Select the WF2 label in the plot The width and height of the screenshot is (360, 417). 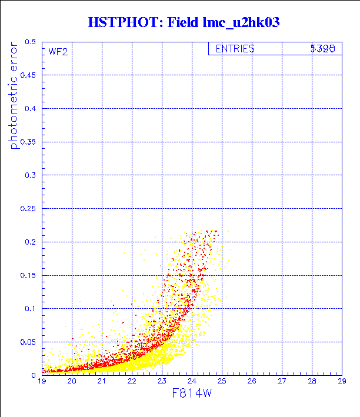point(58,52)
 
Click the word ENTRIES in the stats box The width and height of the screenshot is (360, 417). point(235,49)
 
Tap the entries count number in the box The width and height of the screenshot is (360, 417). point(323,49)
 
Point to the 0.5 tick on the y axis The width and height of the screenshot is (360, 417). point(29,42)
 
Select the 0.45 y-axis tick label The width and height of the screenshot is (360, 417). point(28,75)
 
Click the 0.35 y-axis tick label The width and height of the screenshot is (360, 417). point(28,142)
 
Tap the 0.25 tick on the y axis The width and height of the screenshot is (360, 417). point(28,208)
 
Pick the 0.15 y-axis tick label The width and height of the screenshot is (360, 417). point(28,275)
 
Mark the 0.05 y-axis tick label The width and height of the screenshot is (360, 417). point(28,341)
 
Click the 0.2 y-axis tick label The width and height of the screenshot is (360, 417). point(29,242)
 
